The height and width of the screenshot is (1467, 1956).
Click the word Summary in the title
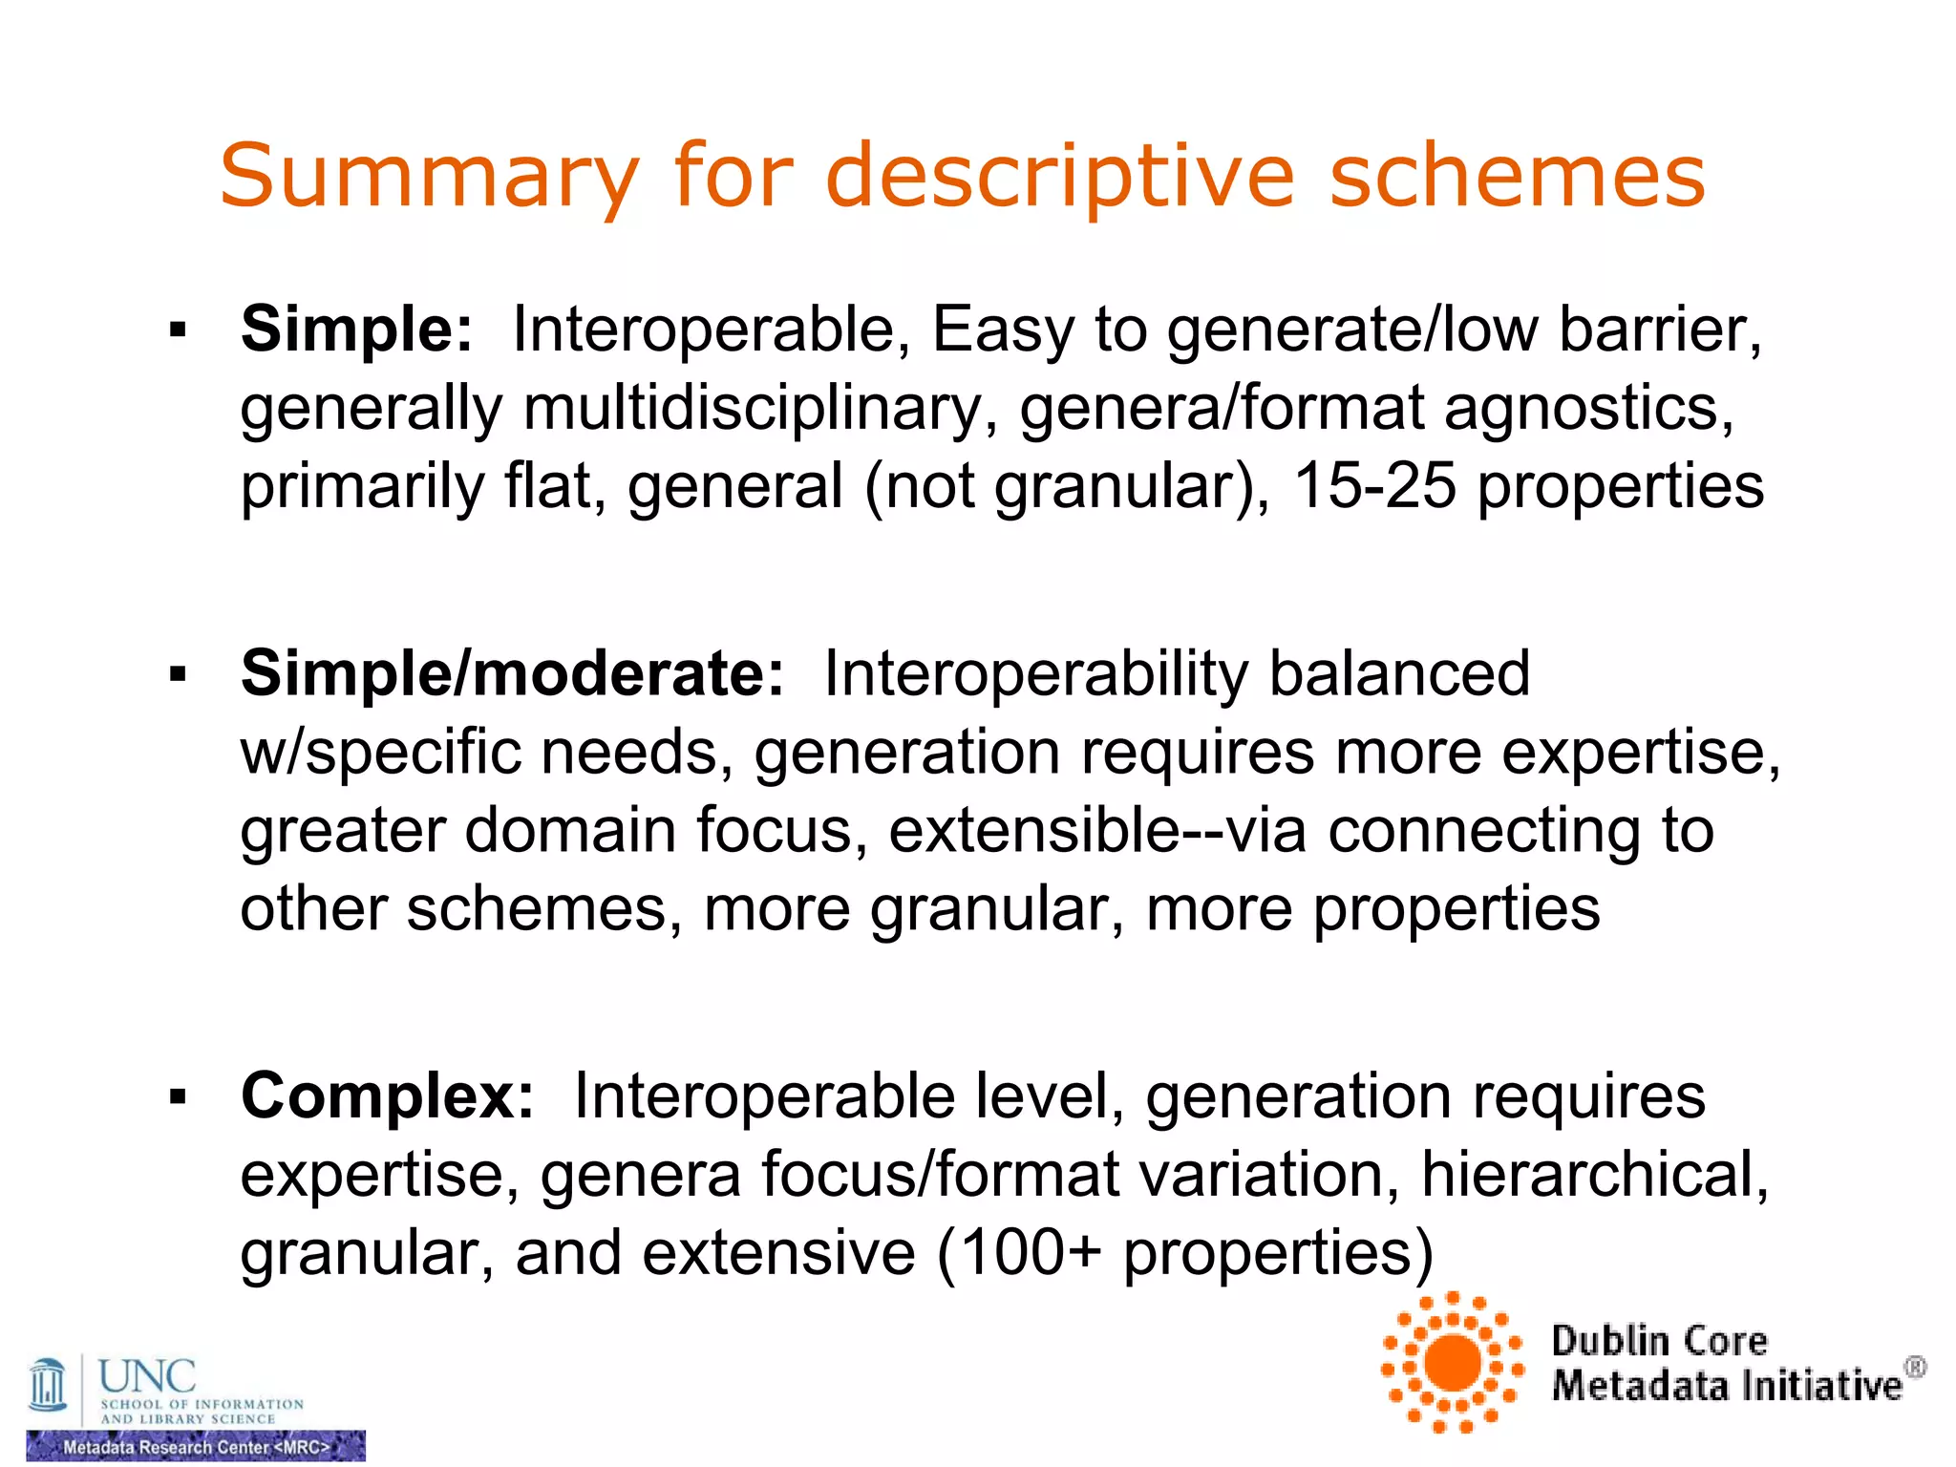coord(429,177)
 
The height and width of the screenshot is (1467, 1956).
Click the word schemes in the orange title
coord(1517,177)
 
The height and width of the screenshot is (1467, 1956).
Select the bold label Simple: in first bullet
coord(356,330)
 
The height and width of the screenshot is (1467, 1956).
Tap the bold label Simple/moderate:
coord(512,673)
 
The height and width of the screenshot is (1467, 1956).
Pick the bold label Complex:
coord(387,1095)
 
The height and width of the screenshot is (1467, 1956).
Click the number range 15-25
coord(1374,486)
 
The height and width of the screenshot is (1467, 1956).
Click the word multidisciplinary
coord(753,409)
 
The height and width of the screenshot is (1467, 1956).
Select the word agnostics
coord(1588,409)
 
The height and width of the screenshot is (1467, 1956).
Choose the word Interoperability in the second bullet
coord(1035,673)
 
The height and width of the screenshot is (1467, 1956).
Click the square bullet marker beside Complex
coord(178,1096)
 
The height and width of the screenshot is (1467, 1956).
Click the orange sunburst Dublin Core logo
coord(1453,1363)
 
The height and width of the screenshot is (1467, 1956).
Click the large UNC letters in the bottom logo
coord(147,1376)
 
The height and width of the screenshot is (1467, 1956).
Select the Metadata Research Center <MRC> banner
coord(196,1447)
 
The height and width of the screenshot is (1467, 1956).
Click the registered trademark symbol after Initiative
coord(1915,1369)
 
